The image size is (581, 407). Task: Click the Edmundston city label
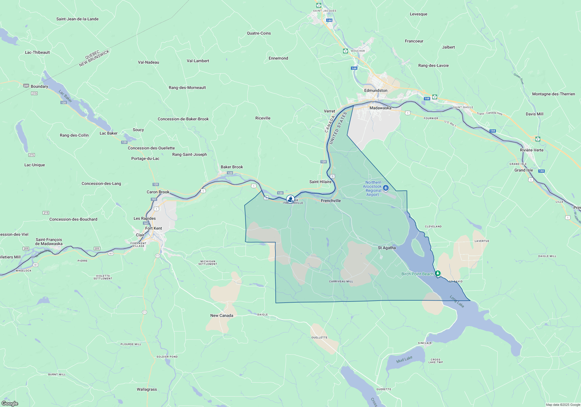(376, 90)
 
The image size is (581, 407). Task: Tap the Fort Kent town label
(153, 228)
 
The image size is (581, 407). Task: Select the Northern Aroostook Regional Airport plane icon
(386, 188)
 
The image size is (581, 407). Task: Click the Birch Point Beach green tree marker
(437, 273)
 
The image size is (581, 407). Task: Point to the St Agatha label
(387, 248)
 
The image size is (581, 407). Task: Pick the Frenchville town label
(331, 201)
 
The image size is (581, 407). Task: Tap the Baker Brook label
(232, 167)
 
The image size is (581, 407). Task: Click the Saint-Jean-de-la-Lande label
(77, 19)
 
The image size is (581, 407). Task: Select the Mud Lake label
(404, 360)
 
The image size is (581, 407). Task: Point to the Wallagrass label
(147, 389)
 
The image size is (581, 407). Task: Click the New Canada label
(222, 315)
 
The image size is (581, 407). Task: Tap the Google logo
(10, 403)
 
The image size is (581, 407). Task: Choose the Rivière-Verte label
(532, 150)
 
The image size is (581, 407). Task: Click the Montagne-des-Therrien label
(553, 94)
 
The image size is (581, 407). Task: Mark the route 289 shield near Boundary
(26, 86)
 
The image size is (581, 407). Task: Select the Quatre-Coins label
(259, 33)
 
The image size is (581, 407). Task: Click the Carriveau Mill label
(341, 281)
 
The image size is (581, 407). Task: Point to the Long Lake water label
(457, 301)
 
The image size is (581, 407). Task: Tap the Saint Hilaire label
(320, 182)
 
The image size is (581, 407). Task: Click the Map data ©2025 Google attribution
(563, 405)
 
